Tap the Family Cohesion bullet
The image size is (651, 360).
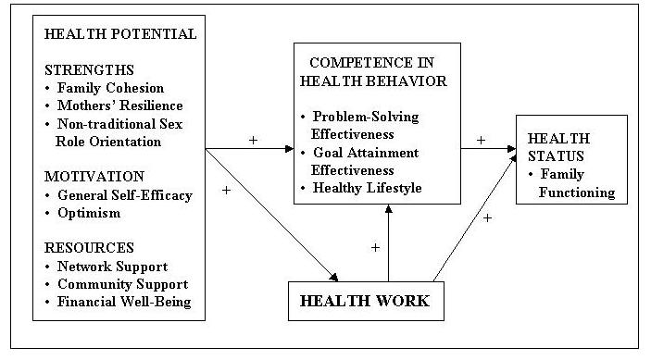[110, 88]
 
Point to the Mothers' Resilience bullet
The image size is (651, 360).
[116, 106]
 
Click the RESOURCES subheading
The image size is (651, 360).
[88, 248]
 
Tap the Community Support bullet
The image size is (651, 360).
[121, 284]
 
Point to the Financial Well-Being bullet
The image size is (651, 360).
[123, 302]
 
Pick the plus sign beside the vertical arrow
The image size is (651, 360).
[375, 247]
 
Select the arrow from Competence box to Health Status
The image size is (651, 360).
[488, 148]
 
